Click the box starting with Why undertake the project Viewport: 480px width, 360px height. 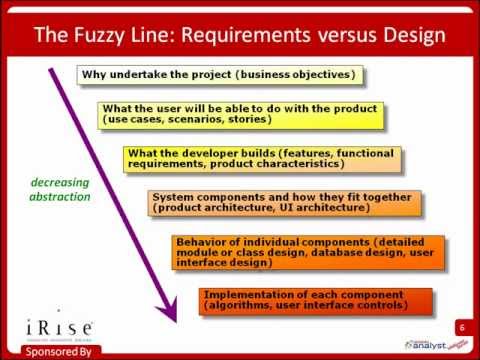point(218,75)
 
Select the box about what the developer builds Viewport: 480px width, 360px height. point(262,158)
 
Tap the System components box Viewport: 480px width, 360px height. point(282,203)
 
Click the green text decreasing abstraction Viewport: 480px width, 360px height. point(59,189)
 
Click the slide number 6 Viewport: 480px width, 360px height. point(463,327)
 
